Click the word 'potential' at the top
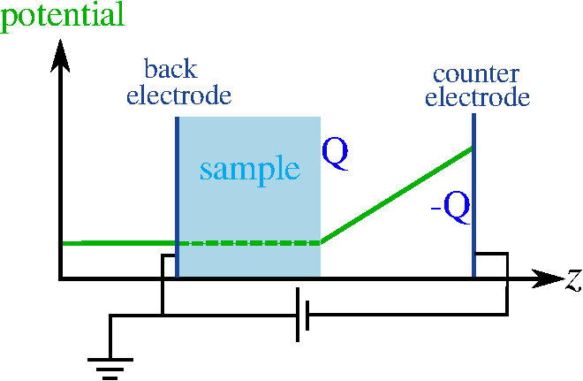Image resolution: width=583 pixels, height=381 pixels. click(x=62, y=16)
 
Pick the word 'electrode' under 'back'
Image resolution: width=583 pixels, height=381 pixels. click(x=178, y=94)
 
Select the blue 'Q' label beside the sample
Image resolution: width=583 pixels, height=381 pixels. click(x=335, y=154)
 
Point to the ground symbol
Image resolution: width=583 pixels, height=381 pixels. click(x=110, y=365)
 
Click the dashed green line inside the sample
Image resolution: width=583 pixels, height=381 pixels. click(x=249, y=242)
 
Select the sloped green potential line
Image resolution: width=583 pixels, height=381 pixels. click(x=397, y=194)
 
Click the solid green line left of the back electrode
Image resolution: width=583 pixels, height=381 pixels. click(x=119, y=242)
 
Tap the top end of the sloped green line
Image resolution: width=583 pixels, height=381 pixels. click(x=471, y=149)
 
